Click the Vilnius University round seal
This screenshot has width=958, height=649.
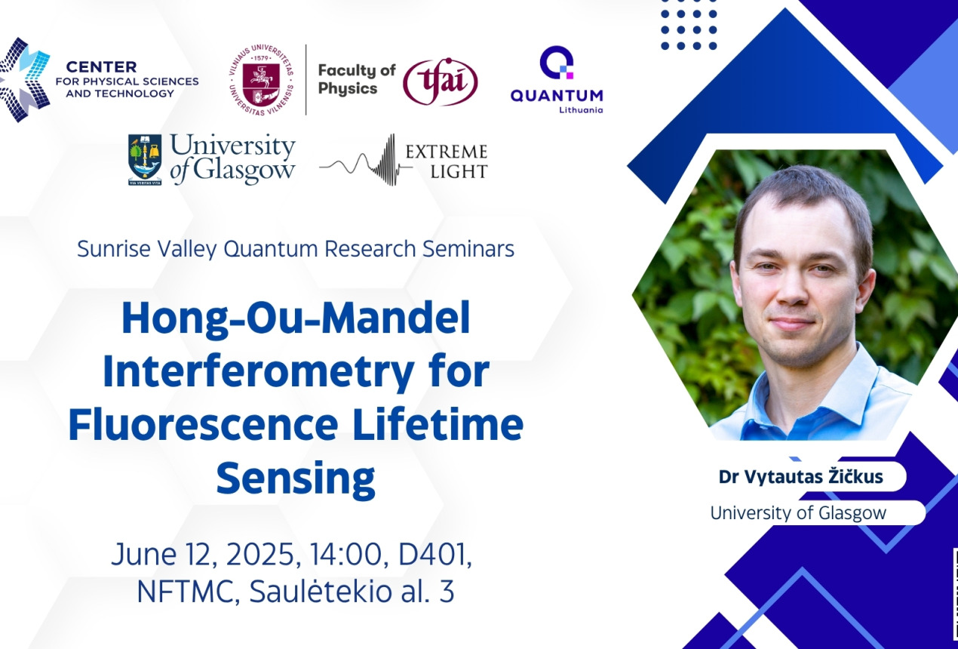(x=261, y=80)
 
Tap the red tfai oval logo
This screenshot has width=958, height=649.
(x=440, y=82)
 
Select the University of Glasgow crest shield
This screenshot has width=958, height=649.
(x=145, y=159)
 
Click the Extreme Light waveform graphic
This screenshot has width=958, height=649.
(x=366, y=160)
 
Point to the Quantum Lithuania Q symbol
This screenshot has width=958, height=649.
(x=557, y=63)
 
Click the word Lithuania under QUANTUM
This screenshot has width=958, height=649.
(x=581, y=110)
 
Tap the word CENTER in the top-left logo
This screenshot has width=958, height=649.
(x=101, y=67)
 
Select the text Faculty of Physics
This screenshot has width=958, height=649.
(x=357, y=79)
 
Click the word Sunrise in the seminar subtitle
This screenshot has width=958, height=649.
(x=114, y=248)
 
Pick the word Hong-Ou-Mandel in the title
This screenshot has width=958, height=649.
(x=296, y=318)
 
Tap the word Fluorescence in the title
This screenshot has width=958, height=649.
(x=203, y=425)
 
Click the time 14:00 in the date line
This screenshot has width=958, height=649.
(x=346, y=555)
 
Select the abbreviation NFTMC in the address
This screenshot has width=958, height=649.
(x=188, y=591)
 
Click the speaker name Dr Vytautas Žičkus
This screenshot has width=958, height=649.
(x=800, y=477)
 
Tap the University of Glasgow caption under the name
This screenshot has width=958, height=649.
(x=798, y=512)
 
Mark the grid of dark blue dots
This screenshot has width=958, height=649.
(x=689, y=30)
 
